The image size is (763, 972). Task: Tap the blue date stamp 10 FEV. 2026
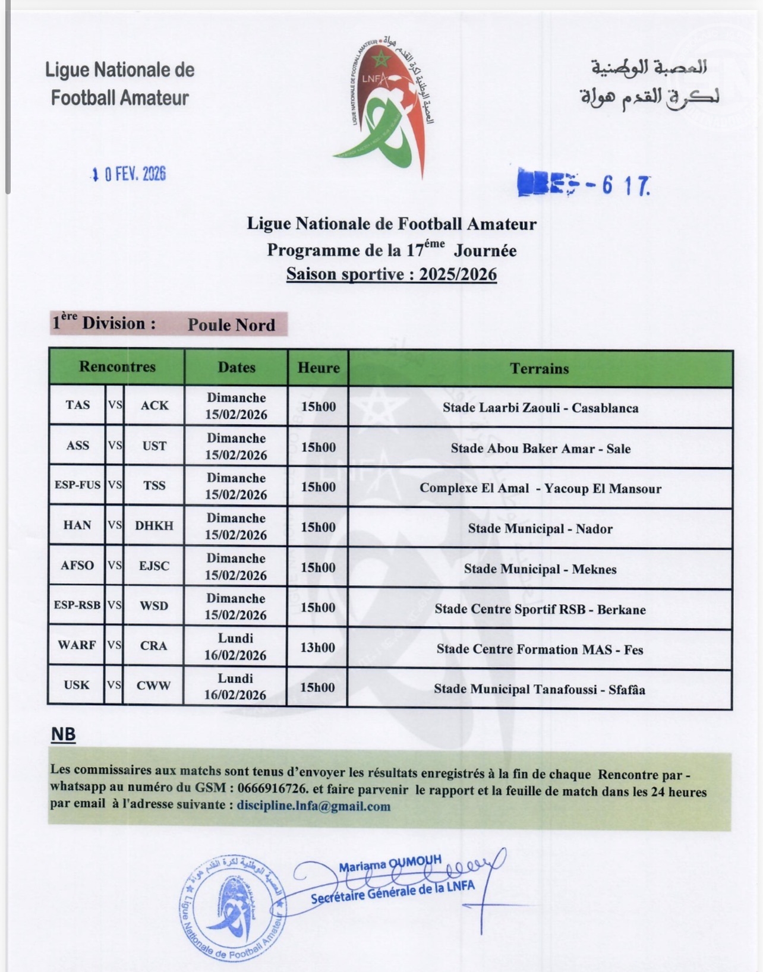(x=129, y=174)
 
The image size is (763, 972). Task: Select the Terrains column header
(x=540, y=368)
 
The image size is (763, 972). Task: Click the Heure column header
(x=319, y=368)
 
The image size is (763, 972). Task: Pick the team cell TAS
(x=78, y=405)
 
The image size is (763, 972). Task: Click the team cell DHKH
(x=154, y=526)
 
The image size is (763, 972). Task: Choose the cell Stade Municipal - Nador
(x=540, y=529)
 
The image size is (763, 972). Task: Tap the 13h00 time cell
(x=318, y=647)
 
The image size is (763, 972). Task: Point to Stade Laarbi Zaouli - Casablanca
(x=540, y=408)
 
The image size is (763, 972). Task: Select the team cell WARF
(x=77, y=645)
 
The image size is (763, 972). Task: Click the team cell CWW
(x=153, y=686)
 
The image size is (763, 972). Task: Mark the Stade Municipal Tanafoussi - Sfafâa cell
(x=539, y=690)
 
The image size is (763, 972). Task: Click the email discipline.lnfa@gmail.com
(x=314, y=806)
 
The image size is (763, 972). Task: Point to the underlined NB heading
(x=63, y=735)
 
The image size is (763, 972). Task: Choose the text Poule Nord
(x=231, y=325)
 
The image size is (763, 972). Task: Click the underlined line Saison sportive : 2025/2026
(x=391, y=274)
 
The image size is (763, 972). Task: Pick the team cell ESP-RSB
(x=77, y=605)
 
